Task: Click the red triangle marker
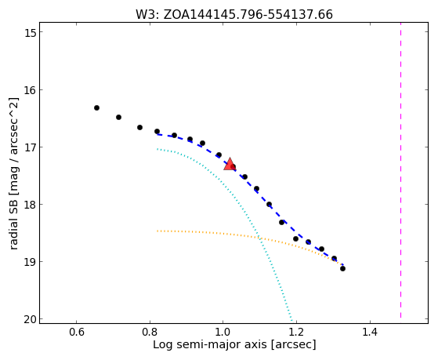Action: point(230,164)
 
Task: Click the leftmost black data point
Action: point(96,107)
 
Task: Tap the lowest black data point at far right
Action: point(342,268)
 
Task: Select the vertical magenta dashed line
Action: point(400,170)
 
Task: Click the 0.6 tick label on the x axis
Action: point(76,332)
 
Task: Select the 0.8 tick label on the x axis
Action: point(150,332)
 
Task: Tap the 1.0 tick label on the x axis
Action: point(223,332)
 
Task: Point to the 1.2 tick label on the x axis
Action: point(296,332)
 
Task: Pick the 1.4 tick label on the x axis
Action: point(370,332)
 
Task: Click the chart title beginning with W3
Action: point(234,15)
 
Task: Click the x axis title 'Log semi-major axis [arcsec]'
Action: point(234,345)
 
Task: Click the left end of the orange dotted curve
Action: point(157,231)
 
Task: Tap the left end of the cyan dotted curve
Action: point(157,149)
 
